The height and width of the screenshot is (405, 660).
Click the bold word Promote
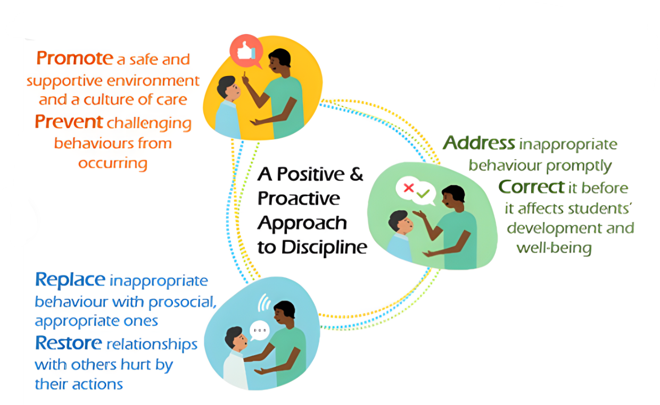pos(75,58)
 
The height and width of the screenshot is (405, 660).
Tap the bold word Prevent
pos(69,122)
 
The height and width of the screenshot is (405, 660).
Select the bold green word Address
pos(479,143)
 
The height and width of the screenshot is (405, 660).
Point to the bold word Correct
pos(532,187)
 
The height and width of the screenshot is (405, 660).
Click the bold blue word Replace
pos(70,280)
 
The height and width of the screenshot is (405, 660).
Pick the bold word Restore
pos(69,343)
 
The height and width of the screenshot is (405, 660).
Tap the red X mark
pos(409,188)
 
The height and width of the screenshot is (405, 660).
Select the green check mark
pos(423,193)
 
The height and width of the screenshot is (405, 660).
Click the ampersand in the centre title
pos(357,174)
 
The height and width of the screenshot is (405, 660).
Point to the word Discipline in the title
pos(324,247)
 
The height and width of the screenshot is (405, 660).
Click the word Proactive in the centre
pos(299,199)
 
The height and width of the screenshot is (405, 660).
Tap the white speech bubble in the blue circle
pos(260,331)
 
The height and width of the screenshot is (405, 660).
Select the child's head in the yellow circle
pos(228,87)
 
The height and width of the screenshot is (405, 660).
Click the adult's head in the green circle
pos(453,197)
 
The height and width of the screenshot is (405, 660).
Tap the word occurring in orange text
pos(113,164)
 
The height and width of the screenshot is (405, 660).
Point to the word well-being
pos(554,248)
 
